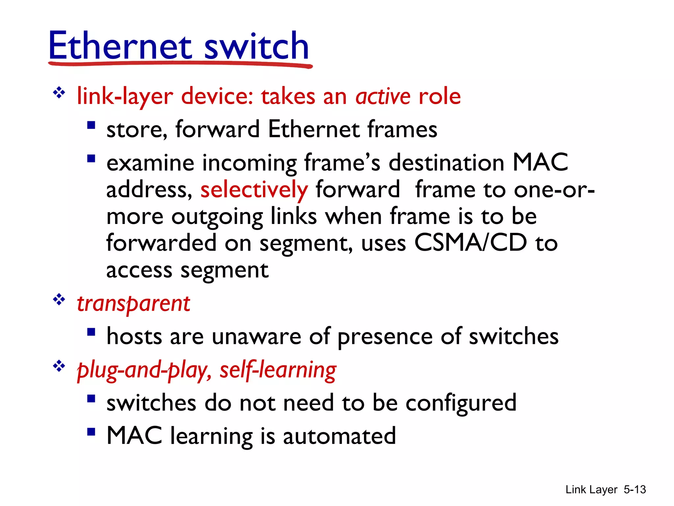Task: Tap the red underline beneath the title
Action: click(x=180, y=64)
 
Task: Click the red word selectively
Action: click(x=254, y=190)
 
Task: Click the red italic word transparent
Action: click(x=133, y=303)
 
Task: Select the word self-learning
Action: click(x=278, y=370)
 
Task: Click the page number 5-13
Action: click(x=635, y=490)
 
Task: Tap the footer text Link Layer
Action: click(x=591, y=490)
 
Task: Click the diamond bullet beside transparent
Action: click(x=59, y=299)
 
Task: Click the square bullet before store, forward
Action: click(x=91, y=126)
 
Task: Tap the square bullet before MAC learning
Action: click(x=91, y=432)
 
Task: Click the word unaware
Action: click(x=256, y=337)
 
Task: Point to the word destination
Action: click(x=446, y=163)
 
